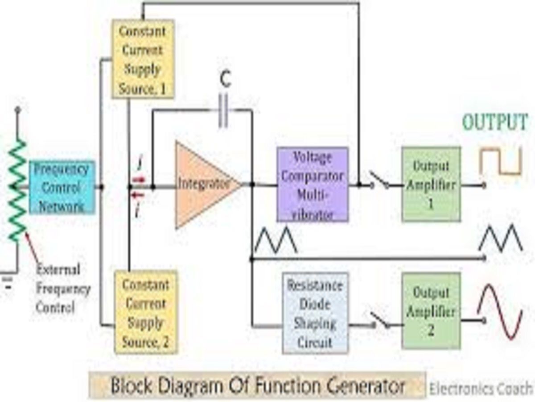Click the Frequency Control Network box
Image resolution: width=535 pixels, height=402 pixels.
coord(62,188)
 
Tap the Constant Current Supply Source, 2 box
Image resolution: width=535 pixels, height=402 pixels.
coord(146,313)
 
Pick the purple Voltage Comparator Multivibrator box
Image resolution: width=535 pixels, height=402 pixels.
coord(312,184)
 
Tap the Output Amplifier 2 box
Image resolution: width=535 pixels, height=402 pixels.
coord(431,311)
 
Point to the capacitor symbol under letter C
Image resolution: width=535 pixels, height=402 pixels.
coord(223,110)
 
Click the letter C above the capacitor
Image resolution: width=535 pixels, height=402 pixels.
coord(226,81)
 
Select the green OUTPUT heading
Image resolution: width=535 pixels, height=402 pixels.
coord(495,122)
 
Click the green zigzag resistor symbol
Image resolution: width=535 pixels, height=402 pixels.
coord(17,190)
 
